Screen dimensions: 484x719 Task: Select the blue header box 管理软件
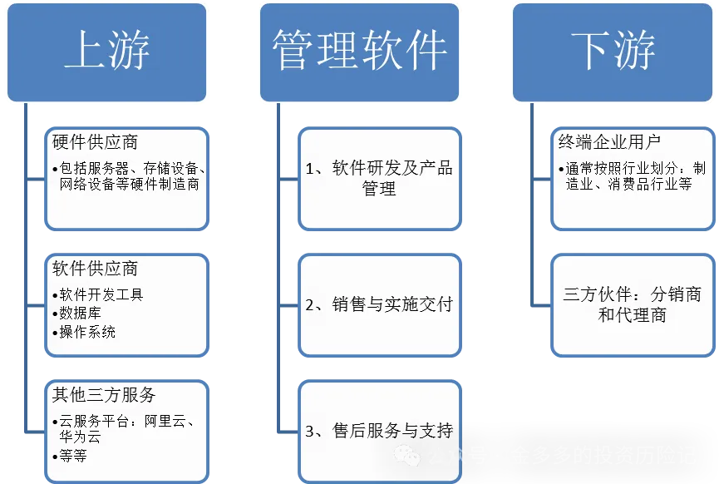tap(359, 52)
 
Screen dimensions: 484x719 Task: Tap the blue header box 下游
tap(613, 52)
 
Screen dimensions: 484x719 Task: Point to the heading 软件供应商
tap(94, 269)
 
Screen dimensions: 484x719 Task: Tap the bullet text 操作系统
tap(88, 332)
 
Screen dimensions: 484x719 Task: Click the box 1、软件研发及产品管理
tap(379, 178)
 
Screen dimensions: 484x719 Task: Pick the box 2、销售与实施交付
tap(379, 304)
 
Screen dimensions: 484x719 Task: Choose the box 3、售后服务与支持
tap(379, 431)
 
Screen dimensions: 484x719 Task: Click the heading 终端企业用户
tap(609, 142)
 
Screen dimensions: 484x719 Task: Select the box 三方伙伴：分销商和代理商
tap(633, 304)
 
